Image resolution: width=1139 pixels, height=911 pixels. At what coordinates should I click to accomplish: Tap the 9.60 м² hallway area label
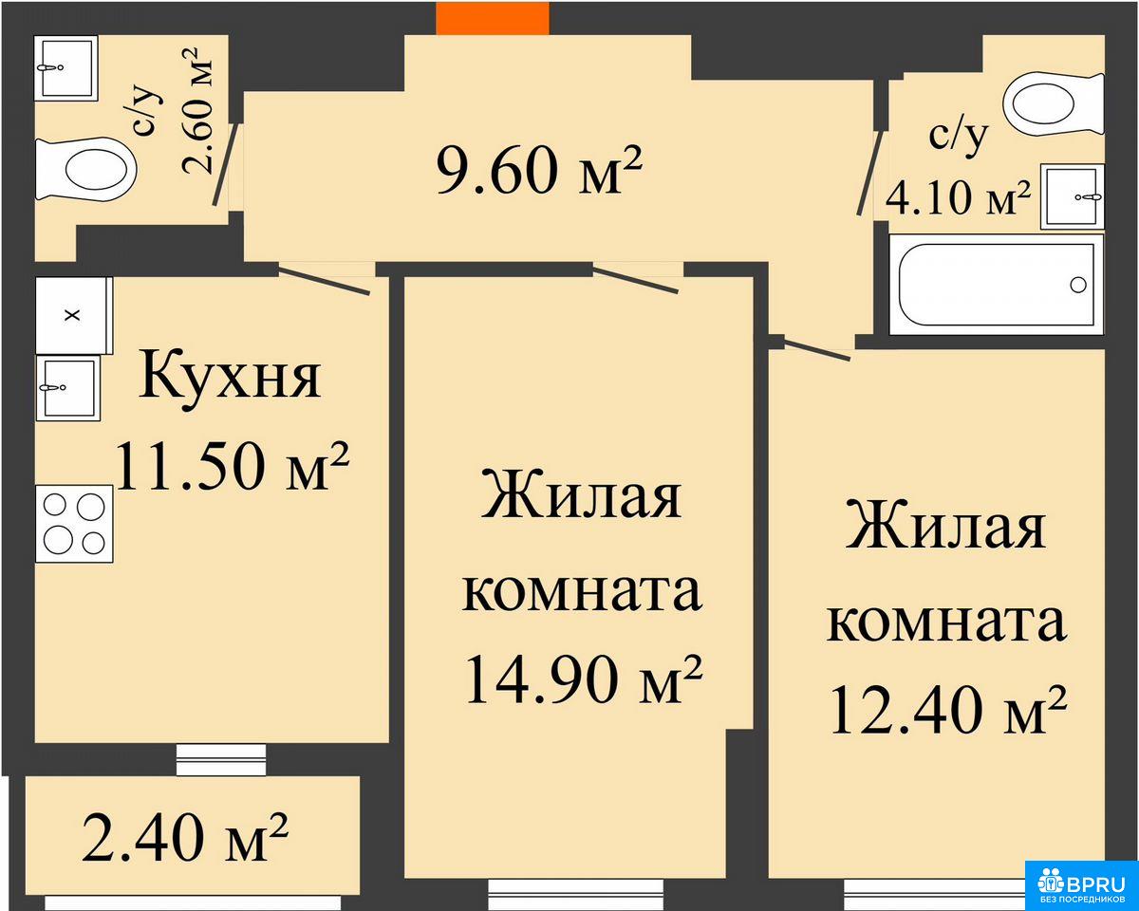[539, 170]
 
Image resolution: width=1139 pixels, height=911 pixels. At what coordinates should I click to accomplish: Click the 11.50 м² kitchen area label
[232, 465]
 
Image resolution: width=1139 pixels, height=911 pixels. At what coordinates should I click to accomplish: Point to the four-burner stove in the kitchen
[74, 524]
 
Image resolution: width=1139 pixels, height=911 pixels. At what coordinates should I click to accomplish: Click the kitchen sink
[67, 388]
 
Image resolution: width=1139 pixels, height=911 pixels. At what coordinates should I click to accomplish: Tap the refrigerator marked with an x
[74, 315]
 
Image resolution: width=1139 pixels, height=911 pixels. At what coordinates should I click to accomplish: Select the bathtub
[996, 285]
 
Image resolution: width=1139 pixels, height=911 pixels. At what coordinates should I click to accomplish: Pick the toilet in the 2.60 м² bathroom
[85, 169]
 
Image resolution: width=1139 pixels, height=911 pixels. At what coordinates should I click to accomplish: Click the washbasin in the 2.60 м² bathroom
[66, 67]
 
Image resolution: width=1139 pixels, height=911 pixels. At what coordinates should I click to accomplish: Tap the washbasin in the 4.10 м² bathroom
[1073, 196]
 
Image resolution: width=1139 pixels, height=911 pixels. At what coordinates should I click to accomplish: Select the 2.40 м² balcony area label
[185, 837]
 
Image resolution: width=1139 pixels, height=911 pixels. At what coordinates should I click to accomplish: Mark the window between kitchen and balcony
[221, 759]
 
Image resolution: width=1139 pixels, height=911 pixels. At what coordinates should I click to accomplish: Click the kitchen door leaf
[324, 281]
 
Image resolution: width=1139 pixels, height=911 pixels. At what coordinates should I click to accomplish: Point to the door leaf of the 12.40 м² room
[816, 349]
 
